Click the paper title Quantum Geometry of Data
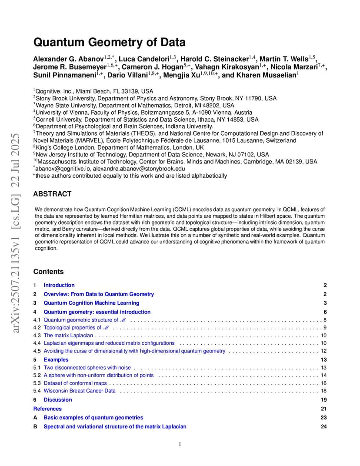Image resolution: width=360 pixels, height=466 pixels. point(109,43)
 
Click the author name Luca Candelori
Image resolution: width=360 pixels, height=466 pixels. point(142,59)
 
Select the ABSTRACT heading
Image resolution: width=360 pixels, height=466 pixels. point(52,194)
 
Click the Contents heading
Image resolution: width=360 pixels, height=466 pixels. point(48,272)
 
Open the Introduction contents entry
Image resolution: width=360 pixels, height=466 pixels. point(59,285)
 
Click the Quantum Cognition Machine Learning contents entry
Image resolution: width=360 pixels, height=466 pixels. point(91,303)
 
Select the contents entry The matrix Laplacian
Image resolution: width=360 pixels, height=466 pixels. point(68,336)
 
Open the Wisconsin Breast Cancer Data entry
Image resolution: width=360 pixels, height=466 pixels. point(80,391)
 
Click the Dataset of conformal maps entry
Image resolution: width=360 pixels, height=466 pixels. point(75,383)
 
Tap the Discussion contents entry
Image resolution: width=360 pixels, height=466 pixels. point(58,400)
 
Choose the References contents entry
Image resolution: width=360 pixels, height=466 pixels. point(47,409)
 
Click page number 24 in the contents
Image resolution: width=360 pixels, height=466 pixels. point(323,426)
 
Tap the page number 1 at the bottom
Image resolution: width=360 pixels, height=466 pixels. point(180,444)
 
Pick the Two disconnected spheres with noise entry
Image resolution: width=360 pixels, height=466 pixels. point(87,368)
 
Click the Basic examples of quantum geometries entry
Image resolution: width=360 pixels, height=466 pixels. point(93,418)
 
